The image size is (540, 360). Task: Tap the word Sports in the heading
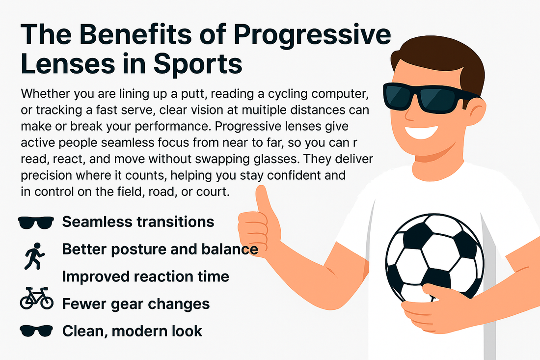click(198, 64)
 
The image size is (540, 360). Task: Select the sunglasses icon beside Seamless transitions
click(36, 223)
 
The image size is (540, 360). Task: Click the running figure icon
click(34, 256)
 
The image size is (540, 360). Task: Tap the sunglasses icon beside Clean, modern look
click(36, 331)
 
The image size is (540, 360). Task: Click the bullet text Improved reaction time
click(145, 277)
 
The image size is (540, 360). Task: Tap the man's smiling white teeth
click(422, 132)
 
